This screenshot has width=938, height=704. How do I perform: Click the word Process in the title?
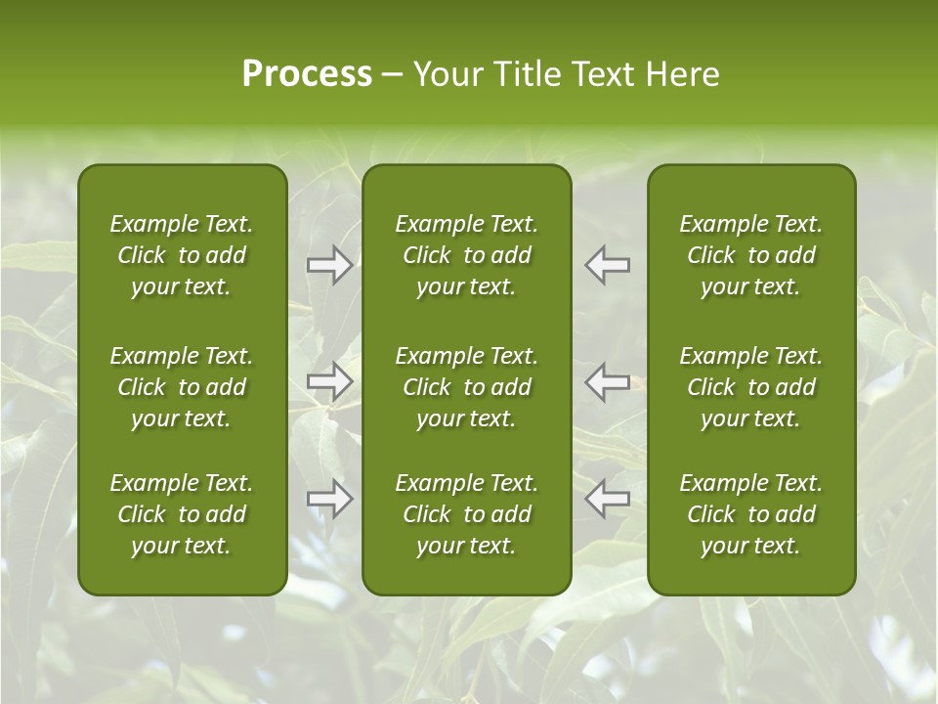pyautogui.click(x=307, y=74)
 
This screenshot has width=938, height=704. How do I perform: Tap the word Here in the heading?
pyautogui.click(x=681, y=74)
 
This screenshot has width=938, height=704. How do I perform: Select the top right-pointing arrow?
pyautogui.click(x=329, y=265)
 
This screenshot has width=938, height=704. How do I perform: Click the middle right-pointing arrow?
pyautogui.click(x=329, y=381)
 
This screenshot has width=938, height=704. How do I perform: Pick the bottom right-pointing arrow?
pyautogui.click(x=329, y=499)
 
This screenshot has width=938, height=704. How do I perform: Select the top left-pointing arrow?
pyautogui.click(x=608, y=265)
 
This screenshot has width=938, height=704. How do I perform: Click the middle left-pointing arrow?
pyautogui.click(x=608, y=381)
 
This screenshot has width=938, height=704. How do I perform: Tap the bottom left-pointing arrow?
pyautogui.click(x=608, y=499)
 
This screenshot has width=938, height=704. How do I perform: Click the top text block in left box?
pyautogui.click(x=182, y=255)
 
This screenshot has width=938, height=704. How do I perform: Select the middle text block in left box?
pyautogui.click(x=182, y=387)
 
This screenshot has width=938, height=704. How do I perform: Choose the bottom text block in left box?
pyautogui.click(x=182, y=514)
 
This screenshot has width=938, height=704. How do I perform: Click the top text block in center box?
pyautogui.click(x=467, y=255)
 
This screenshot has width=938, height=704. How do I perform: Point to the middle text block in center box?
pyautogui.click(x=467, y=387)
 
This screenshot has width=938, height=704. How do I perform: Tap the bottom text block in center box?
pyautogui.click(x=467, y=514)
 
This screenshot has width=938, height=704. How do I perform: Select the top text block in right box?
pyautogui.click(x=751, y=255)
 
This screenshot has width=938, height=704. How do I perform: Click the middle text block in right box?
pyautogui.click(x=751, y=387)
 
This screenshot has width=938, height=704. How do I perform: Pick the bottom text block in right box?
pyautogui.click(x=751, y=514)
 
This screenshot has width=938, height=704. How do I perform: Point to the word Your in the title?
pyautogui.click(x=445, y=74)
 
